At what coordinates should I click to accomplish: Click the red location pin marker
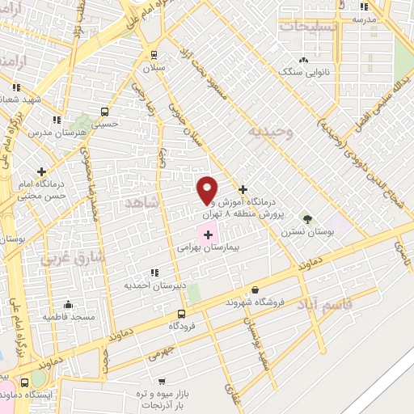coord(207,189)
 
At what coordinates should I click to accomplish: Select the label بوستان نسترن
coord(307,231)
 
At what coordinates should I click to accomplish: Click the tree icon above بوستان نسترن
coord(306,218)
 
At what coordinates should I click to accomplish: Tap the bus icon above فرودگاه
coord(180,315)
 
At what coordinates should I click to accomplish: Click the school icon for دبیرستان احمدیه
coord(154,272)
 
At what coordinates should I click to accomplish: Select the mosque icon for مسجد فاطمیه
coord(68,305)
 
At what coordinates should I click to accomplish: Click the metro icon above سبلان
coord(154,55)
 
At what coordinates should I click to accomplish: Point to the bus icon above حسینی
coord(103,112)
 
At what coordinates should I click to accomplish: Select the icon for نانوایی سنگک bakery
coord(303,60)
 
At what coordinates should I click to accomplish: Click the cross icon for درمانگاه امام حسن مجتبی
coord(41,172)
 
